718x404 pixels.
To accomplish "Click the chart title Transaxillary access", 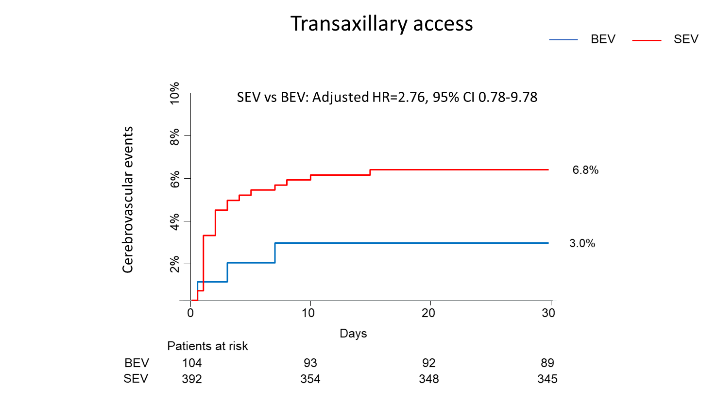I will (x=381, y=24).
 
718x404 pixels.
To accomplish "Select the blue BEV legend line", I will (x=563, y=39).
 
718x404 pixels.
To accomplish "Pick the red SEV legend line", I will (x=646, y=40).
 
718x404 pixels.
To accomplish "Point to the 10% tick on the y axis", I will (x=174, y=93).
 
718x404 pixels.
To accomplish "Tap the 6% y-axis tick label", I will (x=174, y=179).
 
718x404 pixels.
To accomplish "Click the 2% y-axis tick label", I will (x=174, y=264).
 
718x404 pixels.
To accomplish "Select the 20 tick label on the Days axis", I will (x=428, y=313).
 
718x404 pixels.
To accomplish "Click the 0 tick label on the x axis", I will (x=190, y=313).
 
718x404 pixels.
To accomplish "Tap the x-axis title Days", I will (x=353, y=334).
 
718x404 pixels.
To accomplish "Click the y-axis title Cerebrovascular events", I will (x=128, y=200).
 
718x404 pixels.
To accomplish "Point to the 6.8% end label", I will (x=585, y=170).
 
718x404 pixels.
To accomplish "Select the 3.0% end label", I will (x=582, y=243).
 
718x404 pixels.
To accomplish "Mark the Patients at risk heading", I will (x=207, y=346).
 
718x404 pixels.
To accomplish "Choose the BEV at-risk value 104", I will (x=192, y=363).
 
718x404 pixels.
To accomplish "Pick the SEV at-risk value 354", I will (x=310, y=379).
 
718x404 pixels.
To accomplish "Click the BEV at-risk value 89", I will (x=547, y=363).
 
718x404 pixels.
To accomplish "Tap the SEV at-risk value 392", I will (x=192, y=379).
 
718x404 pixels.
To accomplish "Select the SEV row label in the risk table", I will (x=136, y=379).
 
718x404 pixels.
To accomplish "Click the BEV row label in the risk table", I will (x=137, y=363).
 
